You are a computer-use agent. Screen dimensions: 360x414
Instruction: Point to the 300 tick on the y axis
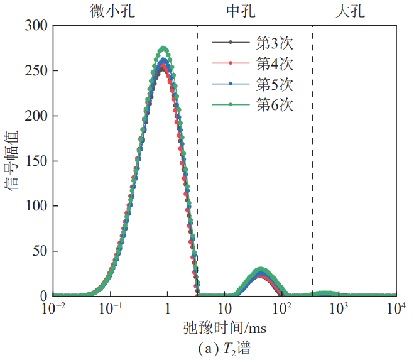(x=36, y=26)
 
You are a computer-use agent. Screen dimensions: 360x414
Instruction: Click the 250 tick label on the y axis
(x=36, y=71)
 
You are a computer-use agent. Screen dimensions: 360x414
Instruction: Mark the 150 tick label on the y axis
(x=36, y=161)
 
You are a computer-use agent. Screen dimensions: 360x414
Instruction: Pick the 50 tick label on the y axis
(x=40, y=251)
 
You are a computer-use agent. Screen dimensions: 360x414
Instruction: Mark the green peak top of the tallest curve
(x=163, y=48)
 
